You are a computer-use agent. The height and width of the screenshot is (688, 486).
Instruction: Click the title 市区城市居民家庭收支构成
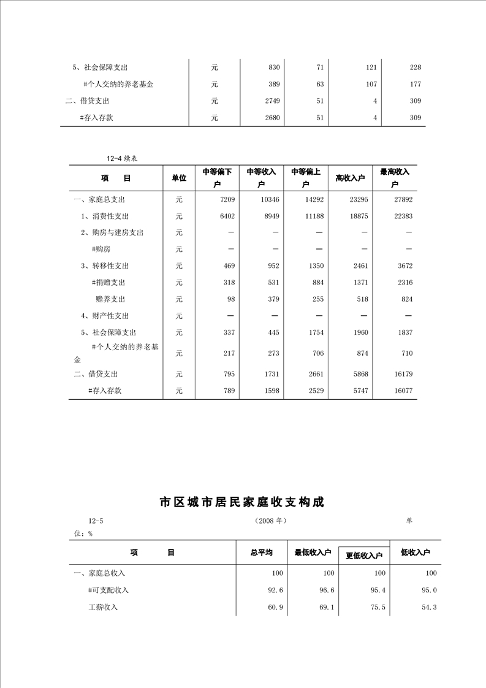click(241, 502)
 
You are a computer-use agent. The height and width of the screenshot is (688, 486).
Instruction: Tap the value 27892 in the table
click(401, 199)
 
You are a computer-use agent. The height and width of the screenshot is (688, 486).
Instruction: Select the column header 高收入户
click(350, 178)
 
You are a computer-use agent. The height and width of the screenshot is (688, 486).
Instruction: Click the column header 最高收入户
click(395, 178)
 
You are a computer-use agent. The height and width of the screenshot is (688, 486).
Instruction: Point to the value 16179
click(401, 373)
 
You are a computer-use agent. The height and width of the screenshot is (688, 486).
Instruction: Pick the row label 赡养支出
click(110, 299)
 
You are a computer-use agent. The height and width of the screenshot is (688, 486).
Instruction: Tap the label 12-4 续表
click(121, 158)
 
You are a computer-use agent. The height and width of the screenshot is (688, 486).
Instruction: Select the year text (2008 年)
click(270, 521)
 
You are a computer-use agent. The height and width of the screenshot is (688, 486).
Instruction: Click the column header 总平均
click(262, 552)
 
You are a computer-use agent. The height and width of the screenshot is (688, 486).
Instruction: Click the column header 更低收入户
click(364, 555)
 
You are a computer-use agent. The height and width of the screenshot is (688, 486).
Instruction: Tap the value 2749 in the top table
click(271, 101)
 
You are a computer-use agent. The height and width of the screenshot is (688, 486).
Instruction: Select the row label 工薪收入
click(102, 607)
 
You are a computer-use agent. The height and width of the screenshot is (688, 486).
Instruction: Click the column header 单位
click(179, 178)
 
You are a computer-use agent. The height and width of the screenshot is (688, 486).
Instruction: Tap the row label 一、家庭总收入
click(99, 573)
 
